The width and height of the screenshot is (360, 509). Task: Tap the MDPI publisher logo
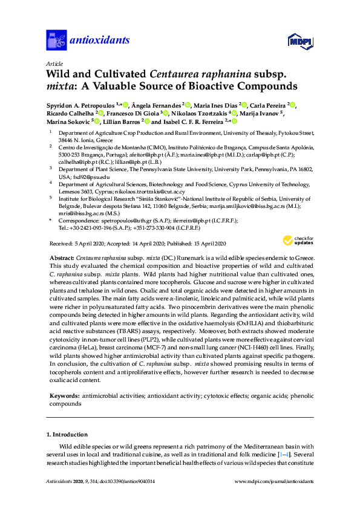coord(301,41)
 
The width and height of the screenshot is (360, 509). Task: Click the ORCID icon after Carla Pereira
coord(292,104)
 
